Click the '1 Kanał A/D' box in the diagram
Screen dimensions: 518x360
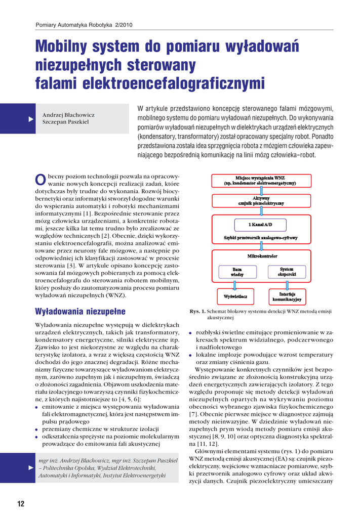[x=260, y=224]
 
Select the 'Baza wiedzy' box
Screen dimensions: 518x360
[x=237, y=272]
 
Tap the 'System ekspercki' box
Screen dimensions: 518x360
[x=287, y=272]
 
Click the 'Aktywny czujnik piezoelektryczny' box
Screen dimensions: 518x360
[x=260, y=200]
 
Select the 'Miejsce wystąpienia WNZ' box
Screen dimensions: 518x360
[x=260, y=181]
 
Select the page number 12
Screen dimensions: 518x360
[x=21, y=503]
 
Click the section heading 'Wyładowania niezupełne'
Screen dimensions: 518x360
[x=80, y=311]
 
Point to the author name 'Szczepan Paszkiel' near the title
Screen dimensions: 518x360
[x=65, y=122]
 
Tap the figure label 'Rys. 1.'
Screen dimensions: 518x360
[x=197, y=312]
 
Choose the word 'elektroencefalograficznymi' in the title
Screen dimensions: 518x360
[x=150, y=82]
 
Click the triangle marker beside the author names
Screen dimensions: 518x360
[x=30, y=118]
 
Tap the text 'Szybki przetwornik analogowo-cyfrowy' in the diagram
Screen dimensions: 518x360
[x=260, y=237]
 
